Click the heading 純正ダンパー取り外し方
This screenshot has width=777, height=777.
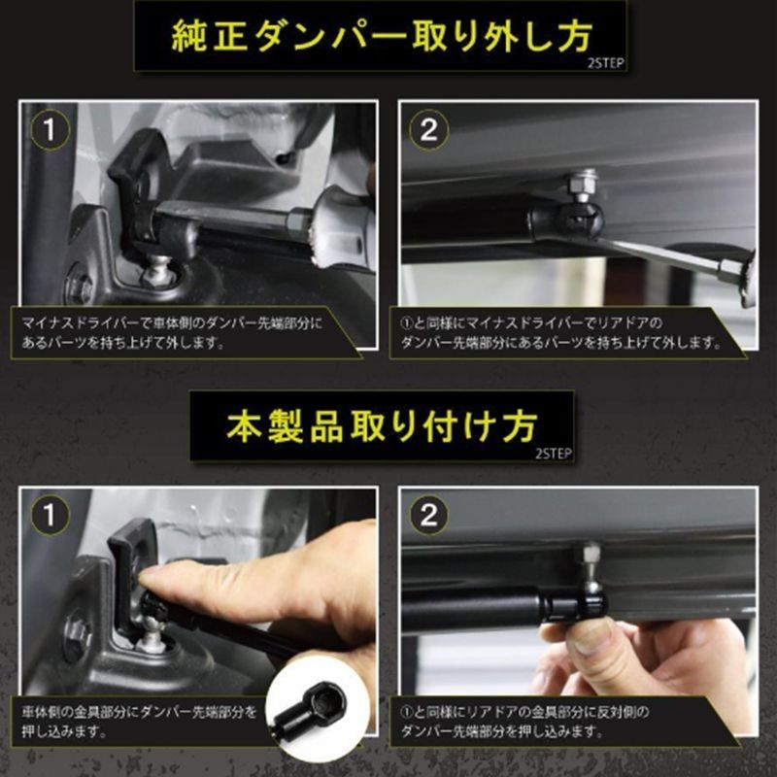pyautogui.click(x=382, y=36)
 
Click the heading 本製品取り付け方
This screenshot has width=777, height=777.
pyautogui.click(x=382, y=426)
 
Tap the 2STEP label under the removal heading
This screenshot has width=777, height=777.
pyautogui.click(x=605, y=63)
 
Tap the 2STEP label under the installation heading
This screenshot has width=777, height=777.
pyautogui.click(x=554, y=453)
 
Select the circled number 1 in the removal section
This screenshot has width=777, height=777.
pyautogui.click(x=50, y=130)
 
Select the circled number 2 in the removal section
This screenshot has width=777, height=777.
pyautogui.click(x=429, y=130)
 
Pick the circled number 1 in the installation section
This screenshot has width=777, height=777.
pyautogui.click(x=50, y=516)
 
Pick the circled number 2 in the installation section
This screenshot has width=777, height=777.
pyautogui.click(x=429, y=516)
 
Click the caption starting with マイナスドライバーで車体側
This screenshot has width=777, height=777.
pyautogui.click(x=172, y=332)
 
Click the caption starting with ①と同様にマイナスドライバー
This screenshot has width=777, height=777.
pyautogui.click(x=561, y=332)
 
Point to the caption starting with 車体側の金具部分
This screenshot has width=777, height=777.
pyautogui.click(x=139, y=722)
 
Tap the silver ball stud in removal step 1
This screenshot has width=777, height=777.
pyautogui.click(x=157, y=270)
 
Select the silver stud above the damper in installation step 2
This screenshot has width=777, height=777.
pyautogui.click(x=591, y=561)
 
